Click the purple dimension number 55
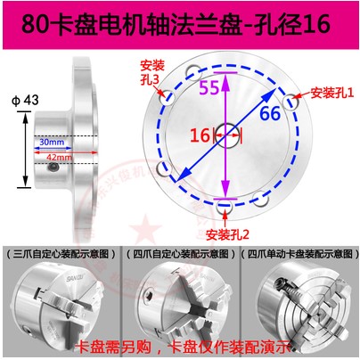[x=209, y=87]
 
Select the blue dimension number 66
[x=270, y=113]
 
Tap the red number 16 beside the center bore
[x=200, y=135]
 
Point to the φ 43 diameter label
[x=25, y=100]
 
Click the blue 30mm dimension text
[x=52, y=142]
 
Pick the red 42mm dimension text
[x=59, y=157]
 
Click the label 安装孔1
[x=332, y=93]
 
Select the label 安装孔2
[x=227, y=234]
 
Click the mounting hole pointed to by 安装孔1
[x=290, y=102]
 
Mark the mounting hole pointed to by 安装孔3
[x=168, y=97]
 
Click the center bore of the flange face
[x=227, y=135]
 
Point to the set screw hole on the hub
[x=53, y=168]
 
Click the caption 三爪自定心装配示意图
[x=61, y=254]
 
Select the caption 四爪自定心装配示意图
[x=181, y=254]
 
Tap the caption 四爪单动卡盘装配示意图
[x=299, y=254]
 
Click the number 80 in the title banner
[x=35, y=24]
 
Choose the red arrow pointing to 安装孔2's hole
[x=225, y=217]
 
